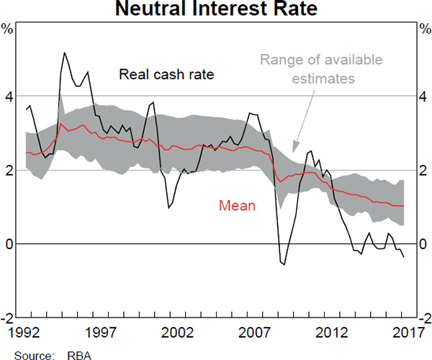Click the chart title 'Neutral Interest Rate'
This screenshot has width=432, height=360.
tap(215, 10)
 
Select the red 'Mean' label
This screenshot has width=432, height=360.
tap(238, 205)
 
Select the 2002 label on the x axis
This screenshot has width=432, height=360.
tap(178, 332)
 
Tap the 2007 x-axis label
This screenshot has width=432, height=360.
tap(255, 332)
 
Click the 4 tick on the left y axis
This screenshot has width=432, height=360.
tap(8, 96)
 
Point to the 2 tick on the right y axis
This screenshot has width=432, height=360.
tap(423, 170)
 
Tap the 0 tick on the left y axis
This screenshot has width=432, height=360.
tap(8, 244)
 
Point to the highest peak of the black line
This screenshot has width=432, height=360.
tap(65, 53)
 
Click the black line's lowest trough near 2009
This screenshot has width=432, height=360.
tap(284, 265)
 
